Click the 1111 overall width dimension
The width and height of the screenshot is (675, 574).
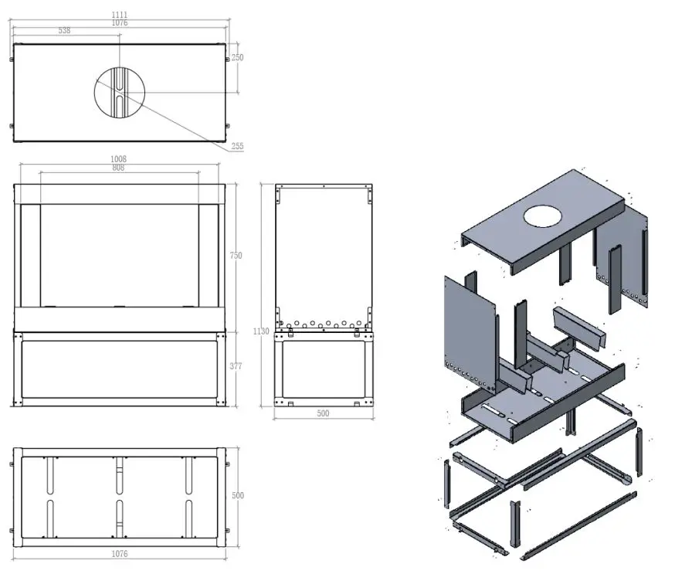tap(119, 15)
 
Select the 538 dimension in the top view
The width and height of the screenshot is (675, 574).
tap(64, 31)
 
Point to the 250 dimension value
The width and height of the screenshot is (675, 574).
tap(237, 58)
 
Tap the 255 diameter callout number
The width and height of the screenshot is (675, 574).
tap(238, 146)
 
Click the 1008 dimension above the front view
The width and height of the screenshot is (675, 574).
tap(119, 159)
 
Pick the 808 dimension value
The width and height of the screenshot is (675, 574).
tap(119, 168)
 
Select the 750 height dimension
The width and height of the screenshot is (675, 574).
tap(236, 256)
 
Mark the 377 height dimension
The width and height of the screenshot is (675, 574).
tap(236, 366)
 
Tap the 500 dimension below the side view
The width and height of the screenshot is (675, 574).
tap(323, 414)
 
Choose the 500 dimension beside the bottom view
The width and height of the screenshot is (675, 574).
tap(238, 495)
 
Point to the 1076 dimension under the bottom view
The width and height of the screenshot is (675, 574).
tap(119, 554)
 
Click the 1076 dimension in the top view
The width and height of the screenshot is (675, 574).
tap(119, 23)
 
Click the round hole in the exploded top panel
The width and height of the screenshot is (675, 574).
tap(544, 215)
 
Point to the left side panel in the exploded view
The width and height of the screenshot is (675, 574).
tap(470, 332)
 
